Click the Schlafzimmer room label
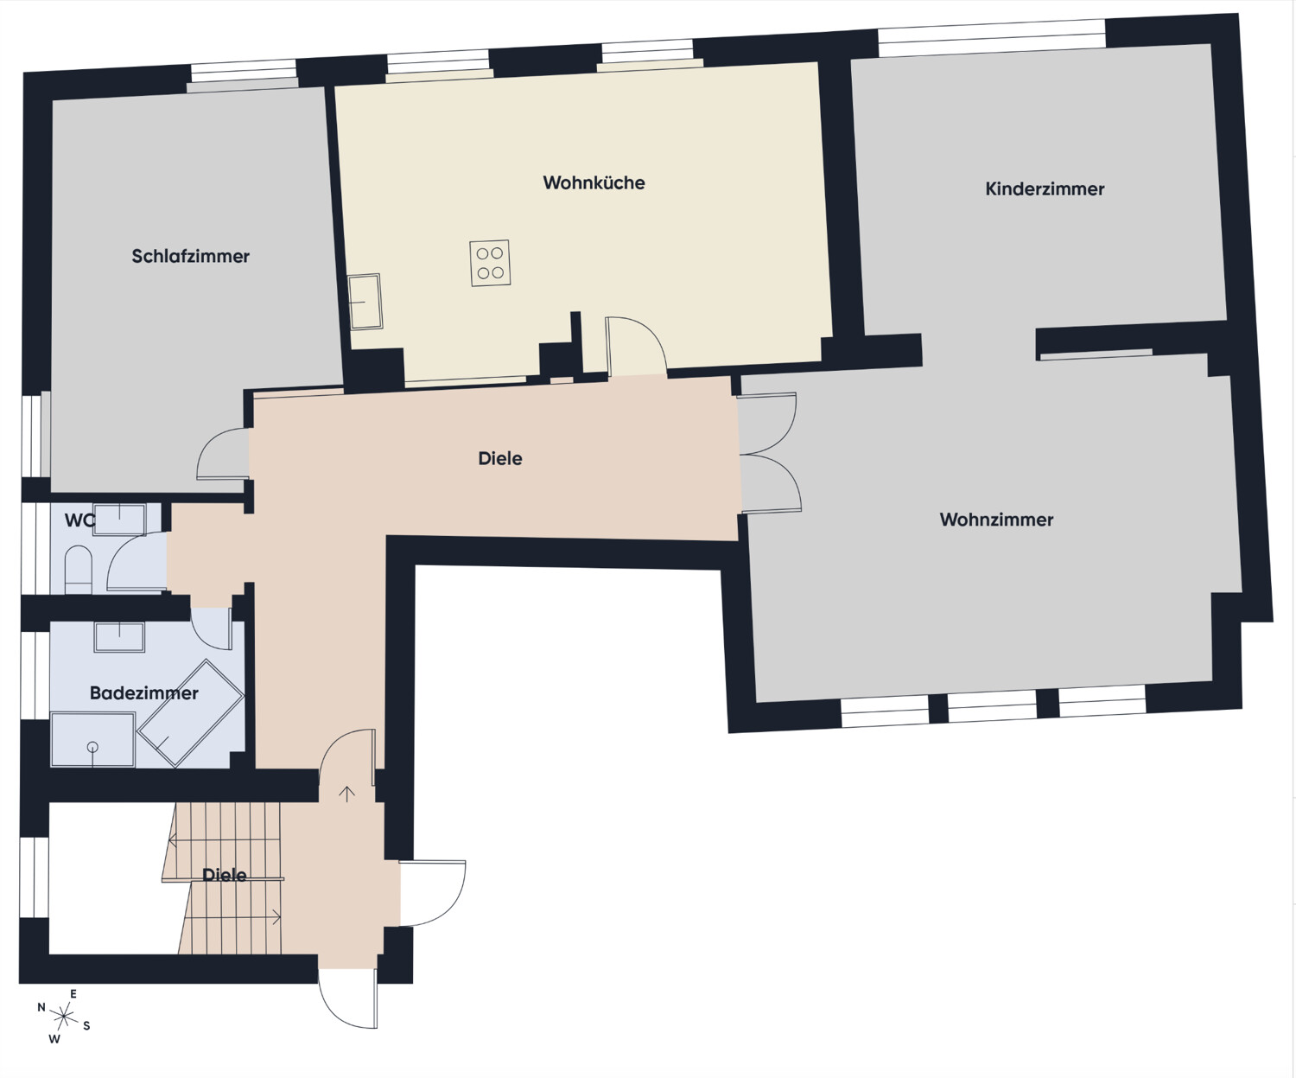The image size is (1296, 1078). pyautogui.click(x=190, y=257)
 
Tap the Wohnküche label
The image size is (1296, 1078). pyautogui.click(x=594, y=183)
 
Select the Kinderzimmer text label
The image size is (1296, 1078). pyautogui.click(x=1045, y=189)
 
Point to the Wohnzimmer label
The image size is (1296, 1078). pyautogui.click(x=996, y=520)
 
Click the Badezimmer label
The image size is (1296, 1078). pyautogui.click(x=143, y=693)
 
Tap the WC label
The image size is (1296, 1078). pyautogui.click(x=79, y=521)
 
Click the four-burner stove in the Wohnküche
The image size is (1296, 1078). pyautogui.click(x=490, y=263)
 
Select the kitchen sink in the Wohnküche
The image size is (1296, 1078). pyautogui.click(x=365, y=302)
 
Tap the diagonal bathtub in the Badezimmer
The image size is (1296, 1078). pyautogui.click(x=191, y=713)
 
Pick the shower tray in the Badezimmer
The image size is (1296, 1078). pyautogui.click(x=92, y=739)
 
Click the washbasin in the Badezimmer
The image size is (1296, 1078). pyautogui.click(x=119, y=637)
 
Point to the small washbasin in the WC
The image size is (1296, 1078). pyautogui.click(x=119, y=519)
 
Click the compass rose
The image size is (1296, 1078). pyautogui.click(x=63, y=1017)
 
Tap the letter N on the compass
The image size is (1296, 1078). pyautogui.click(x=41, y=1008)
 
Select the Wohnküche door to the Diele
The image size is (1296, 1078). pyautogui.click(x=636, y=348)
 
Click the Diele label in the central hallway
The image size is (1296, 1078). pyautogui.click(x=500, y=459)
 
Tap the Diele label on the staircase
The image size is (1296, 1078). pyautogui.click(x=225, y=876)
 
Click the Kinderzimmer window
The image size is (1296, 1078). pyautogui.click(x=992, y=37)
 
